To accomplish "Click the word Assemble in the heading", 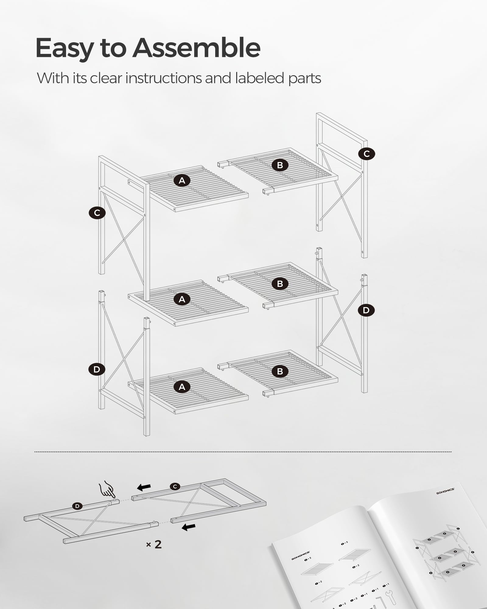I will pos(196,48).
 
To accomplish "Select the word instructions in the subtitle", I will pos(164,78).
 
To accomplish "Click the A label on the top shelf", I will pos(182,181).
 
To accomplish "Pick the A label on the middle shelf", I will pos(182,299).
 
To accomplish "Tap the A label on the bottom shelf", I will pos(182,387).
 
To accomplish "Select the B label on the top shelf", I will pos(280,165).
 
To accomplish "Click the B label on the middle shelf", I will pos(280,283).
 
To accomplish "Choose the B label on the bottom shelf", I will pos(280,371).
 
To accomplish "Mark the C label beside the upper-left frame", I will pos(97,213).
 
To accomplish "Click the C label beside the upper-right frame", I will pos(366,154).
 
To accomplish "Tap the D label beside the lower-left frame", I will pos(96,369).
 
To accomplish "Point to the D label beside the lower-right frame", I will pos(366,310).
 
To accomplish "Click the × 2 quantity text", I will pos(154,544).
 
